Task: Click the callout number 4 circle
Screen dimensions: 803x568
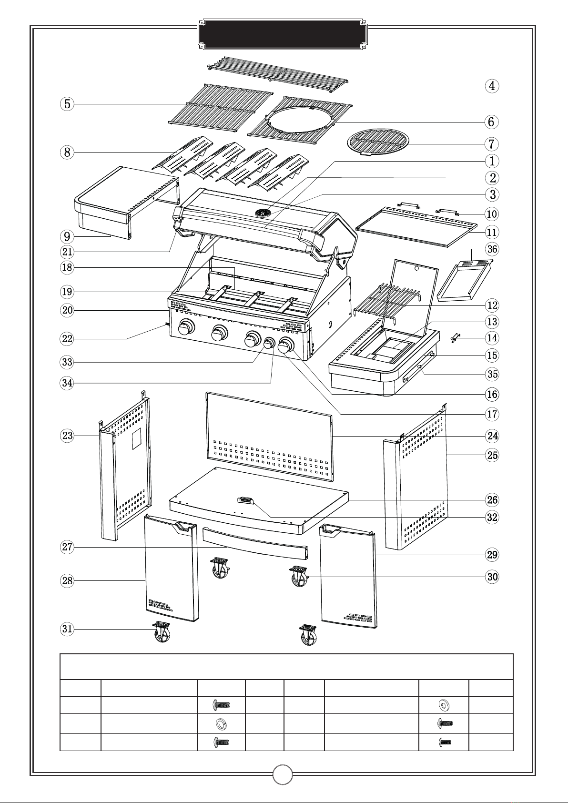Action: [x=492, y=86]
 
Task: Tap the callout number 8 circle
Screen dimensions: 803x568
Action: [x=67, y=152]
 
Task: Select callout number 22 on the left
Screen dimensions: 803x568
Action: [x=67, y=339]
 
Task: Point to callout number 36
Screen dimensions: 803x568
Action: [x=492, y=249]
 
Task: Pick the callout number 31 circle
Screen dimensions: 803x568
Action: [x=67, y=629]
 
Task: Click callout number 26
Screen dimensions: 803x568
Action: [x=492, y=500]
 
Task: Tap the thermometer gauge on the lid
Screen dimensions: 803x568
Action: [x=262, y=213]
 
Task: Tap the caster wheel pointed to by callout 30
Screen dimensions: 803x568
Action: [x=299, y=576]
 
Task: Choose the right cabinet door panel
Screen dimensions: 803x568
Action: [x=349, y=575]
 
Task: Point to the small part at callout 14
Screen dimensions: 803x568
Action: [x=456, y=338]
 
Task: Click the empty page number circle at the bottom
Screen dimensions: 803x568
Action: [x=283, y=774]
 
